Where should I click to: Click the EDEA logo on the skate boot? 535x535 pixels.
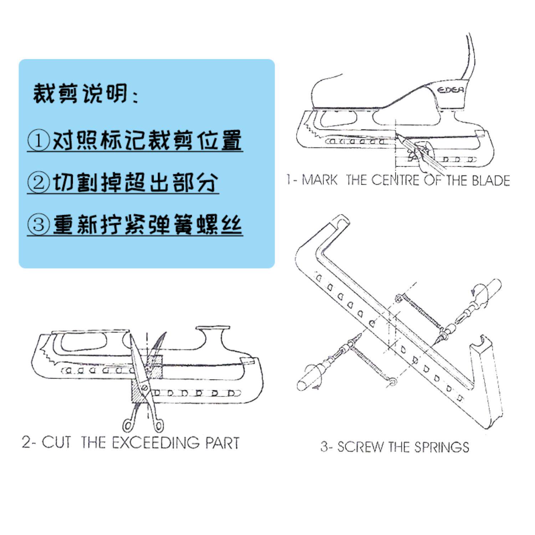[x=451, y=90]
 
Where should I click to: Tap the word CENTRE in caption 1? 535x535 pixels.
[x=396, y=180]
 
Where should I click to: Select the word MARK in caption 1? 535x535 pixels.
[x=319, y=180]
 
